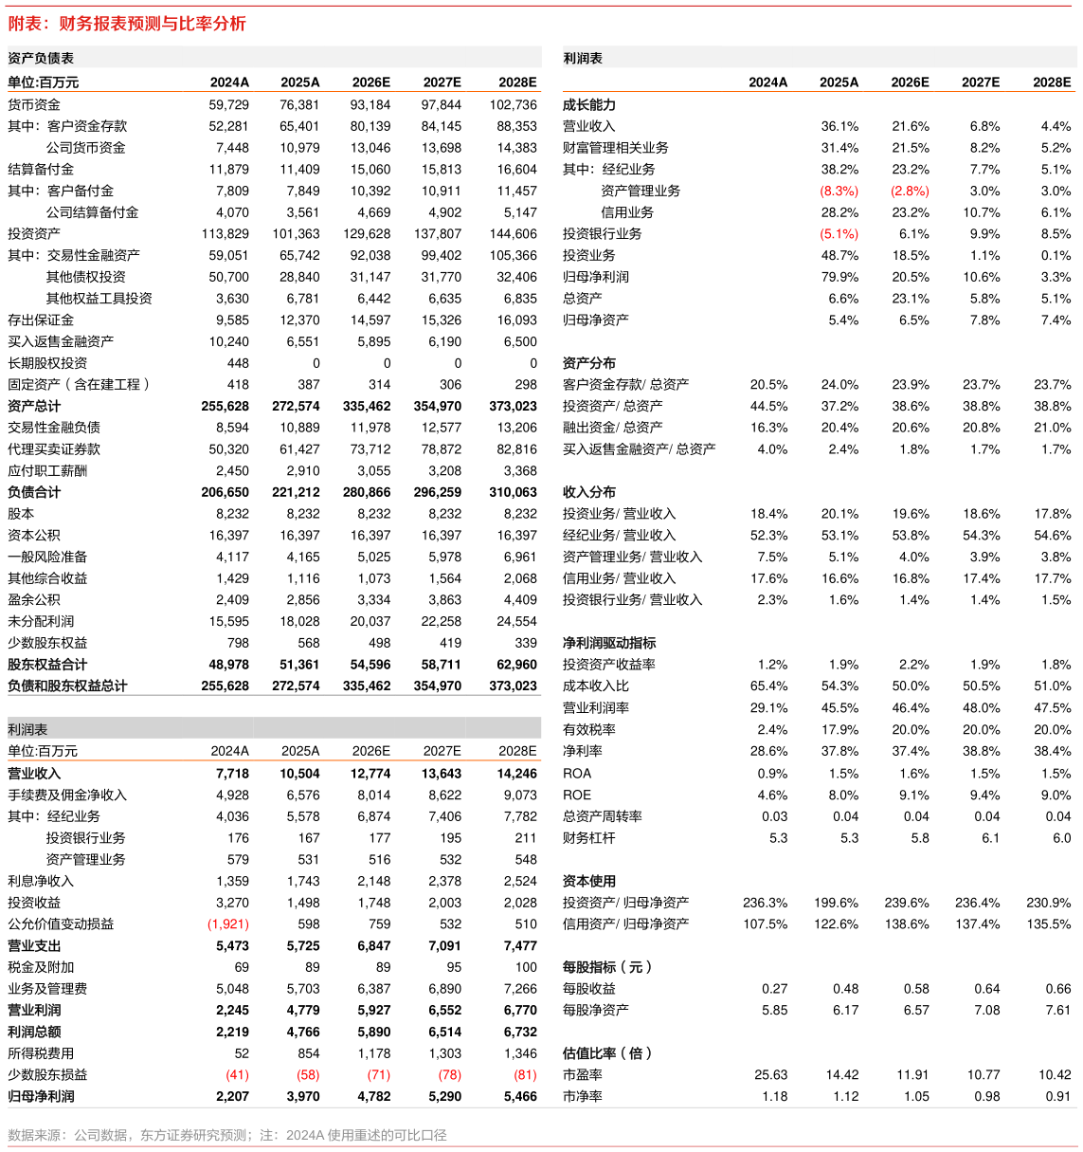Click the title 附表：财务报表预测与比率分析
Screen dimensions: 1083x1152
127,23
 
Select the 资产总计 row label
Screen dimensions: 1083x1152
34,406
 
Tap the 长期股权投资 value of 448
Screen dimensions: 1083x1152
238,363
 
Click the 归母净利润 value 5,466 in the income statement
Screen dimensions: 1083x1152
520,1096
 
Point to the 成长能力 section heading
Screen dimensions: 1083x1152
589,105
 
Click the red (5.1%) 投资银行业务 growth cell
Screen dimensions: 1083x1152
839,234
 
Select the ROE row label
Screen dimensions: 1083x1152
577,795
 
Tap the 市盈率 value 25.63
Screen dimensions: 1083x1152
770,1075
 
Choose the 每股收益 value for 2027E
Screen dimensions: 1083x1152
986,988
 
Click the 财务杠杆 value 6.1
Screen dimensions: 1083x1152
990,837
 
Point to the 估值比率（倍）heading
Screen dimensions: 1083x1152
607,1052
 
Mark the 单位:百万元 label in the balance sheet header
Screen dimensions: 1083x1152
44,82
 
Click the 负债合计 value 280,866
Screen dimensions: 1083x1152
367,492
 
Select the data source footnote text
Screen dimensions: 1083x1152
227,1135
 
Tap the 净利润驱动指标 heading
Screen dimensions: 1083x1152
609,643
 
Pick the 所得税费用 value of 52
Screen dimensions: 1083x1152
242,1053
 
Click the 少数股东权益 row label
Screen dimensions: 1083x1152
47,643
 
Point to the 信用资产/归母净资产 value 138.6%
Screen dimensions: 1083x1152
907,924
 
